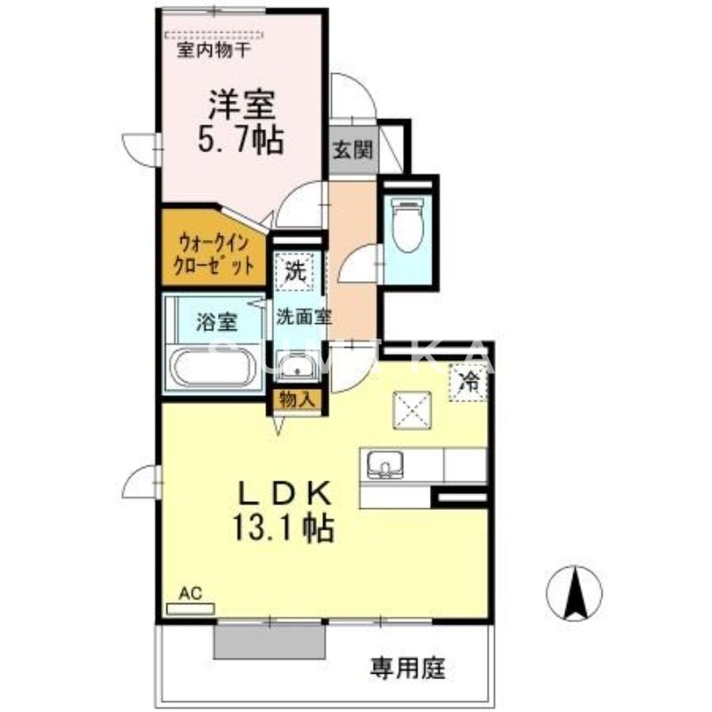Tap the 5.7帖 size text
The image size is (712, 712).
(x=239, y=139)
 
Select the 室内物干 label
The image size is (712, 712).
(x=214, y=50)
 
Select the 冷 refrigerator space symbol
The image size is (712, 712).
(x=467, y=384)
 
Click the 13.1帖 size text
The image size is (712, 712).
(x=284, y=530)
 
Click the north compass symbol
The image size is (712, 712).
(x=573, y=592)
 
